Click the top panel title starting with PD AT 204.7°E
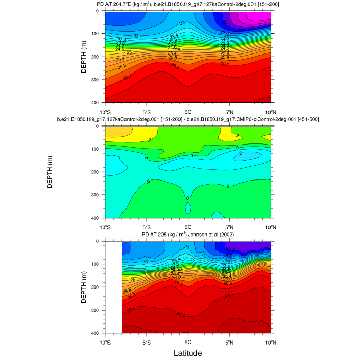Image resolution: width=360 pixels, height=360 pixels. (x=188, y=5)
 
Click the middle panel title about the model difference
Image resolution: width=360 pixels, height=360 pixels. (x=188, y=120)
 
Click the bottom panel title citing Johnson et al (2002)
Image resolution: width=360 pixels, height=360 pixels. (x=188, y=235)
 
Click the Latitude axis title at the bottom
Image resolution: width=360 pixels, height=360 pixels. (x=187, y=353)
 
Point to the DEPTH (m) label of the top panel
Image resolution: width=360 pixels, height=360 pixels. (x=84, y=57)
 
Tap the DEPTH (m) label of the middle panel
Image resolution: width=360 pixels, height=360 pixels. (x=50, y=172)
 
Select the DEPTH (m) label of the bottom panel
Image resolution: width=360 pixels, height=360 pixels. (x=84, y=287)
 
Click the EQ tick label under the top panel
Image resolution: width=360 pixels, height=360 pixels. (x=188, y=111)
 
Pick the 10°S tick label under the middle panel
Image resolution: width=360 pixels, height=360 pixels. (x=106, y=226)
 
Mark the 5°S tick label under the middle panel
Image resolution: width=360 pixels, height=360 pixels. (x=147, y=226)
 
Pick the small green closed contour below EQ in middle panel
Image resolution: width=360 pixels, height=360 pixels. (x=188, y=208)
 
